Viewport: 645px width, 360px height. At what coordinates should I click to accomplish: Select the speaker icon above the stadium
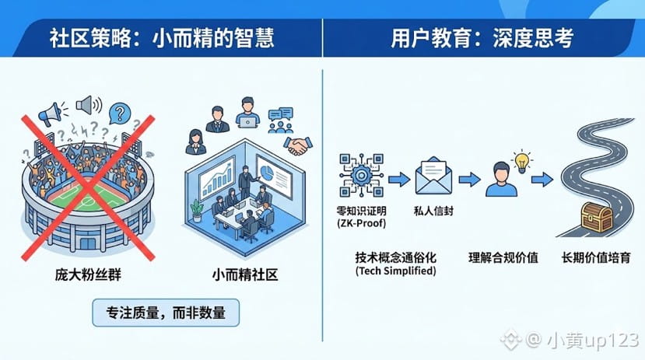pos(84,103)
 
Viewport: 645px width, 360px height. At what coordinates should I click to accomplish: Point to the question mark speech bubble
pos(118,114)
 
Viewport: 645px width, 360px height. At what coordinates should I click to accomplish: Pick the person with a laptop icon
pos(247,113)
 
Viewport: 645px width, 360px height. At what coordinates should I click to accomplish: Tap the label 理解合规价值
pos(503,257)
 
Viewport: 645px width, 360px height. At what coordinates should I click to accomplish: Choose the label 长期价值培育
pos(597,257)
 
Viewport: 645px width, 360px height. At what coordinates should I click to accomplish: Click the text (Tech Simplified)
pos(395,271)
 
